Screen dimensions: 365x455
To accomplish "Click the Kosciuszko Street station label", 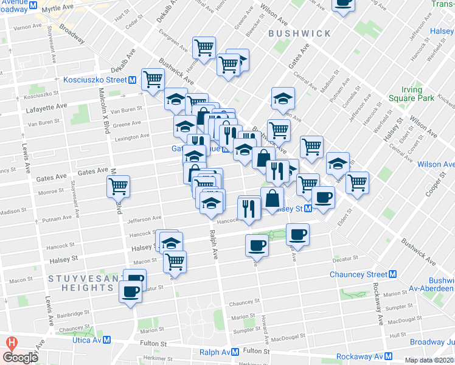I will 95,80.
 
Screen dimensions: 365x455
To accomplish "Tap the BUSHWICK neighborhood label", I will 299,33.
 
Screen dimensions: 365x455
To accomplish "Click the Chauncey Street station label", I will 358,274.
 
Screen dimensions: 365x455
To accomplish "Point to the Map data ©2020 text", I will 428,360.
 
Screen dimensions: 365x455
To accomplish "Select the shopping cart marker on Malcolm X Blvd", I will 118,186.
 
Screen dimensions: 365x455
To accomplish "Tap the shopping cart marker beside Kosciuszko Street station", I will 153,78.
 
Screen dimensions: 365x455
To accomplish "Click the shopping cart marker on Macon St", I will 175,261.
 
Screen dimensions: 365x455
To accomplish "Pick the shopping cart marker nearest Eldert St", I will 358,181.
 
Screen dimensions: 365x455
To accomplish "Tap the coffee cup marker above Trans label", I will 343,3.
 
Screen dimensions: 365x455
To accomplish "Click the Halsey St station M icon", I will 308,209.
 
